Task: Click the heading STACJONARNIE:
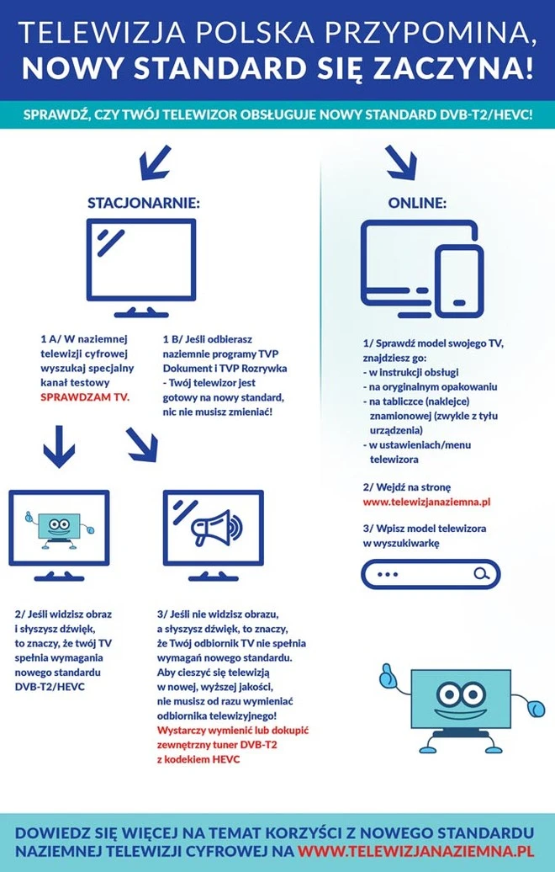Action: click(x=144, y=203)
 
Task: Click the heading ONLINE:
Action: click(x=417, y=203)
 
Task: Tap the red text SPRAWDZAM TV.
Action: click(x=85, y=396)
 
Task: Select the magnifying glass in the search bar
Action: click(x=481, y=574)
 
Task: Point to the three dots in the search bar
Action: click(x=388, y=575)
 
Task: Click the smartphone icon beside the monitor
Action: click(x=457, y=280)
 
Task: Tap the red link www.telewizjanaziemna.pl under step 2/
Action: click(x=426, y=502)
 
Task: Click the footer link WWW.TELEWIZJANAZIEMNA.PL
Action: click(x=415, y=852)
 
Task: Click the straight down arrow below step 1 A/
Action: click(x=59, y=446)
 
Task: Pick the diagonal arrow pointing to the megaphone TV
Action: click(x=142, y=444)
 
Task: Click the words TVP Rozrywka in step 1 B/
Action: click(x=251, y=369)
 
